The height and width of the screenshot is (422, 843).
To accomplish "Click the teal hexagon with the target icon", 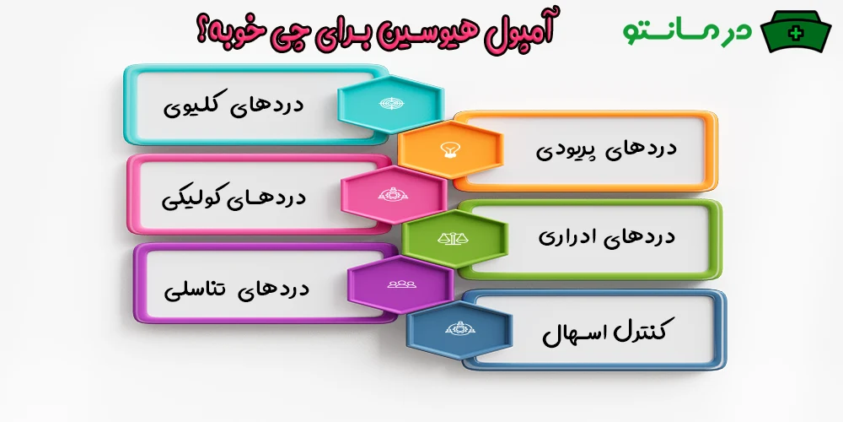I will pos(390,103).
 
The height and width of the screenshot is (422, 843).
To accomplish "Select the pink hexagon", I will pos(394,195).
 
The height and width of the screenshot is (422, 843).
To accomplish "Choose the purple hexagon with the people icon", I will pos(399,284).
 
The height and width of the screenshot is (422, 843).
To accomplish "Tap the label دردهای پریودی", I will pos(607,149).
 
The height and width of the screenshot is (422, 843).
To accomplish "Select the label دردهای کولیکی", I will pos(234,198).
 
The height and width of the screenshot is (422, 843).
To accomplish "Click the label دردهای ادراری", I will pos(607,236).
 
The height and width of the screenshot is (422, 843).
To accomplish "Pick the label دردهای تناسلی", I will pos(238,289).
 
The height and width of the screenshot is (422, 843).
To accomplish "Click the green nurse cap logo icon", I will pos(795,33).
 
